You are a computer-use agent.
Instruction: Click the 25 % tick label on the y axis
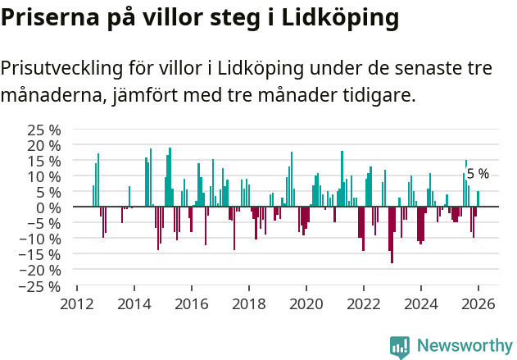coord(44,130)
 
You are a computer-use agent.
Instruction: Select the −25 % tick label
coord(41,286)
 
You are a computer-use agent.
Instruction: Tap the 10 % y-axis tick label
coord(44,176)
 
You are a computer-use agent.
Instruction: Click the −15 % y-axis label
coord(41,255)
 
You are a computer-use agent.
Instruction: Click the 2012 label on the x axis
coord(76,303)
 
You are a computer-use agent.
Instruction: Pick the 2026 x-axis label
coord(478,303)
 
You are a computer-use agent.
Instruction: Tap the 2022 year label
coord(363,303)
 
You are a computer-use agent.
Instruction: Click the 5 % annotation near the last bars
coord(478,174)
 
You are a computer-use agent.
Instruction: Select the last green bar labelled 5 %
coord(478,199)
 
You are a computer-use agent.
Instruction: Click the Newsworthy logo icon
coord(400,346)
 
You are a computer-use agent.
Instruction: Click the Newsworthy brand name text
coord(465,346)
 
